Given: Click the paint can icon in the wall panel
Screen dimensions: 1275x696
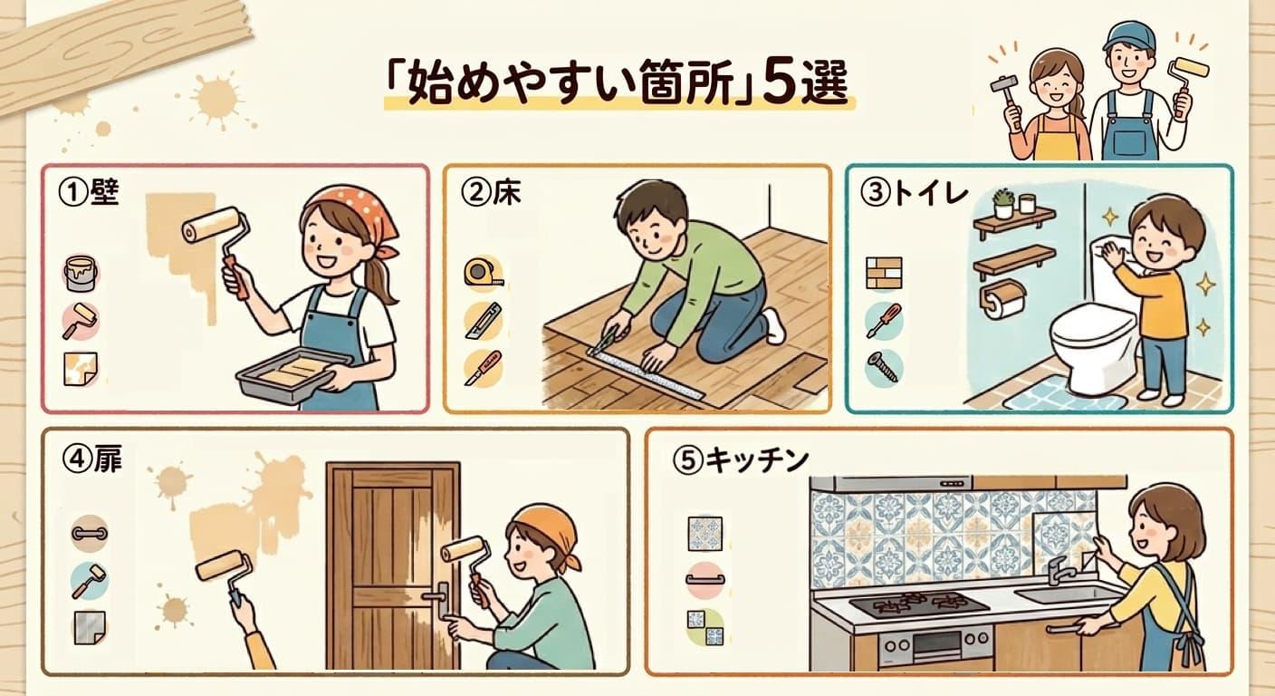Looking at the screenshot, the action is pyautogui.click(x=81, y=274).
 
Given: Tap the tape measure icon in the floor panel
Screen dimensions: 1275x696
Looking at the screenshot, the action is pyautogui.click(x=484, y=272).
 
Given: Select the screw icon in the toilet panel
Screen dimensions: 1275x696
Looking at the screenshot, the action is pyautogui.click(x=884, y=367).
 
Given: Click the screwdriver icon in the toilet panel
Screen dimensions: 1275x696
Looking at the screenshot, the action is pyautogui.click(x=884, y=321).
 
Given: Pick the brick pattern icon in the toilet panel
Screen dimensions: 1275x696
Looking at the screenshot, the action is pyautogui.click(x=884, y=273).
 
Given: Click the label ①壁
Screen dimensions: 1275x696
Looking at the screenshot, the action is pyautogui.click(x=89, y=193).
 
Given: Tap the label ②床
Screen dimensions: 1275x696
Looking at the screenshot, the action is pyautogui.click(x=491, y=193).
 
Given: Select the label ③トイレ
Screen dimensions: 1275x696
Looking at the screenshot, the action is pyautogui.click(x=913, y=194).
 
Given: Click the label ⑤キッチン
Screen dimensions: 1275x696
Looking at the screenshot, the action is pyautogui.click(x=740, y=460).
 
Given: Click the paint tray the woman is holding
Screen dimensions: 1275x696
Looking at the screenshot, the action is pyautogui.click(x=294, y=374).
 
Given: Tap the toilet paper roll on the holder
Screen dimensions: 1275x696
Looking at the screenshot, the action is pyautogui.click(x=1004, y=303).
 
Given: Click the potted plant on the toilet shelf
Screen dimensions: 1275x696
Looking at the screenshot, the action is pyautogui.click(x=1003, y=203).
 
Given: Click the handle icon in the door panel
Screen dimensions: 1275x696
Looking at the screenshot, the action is pyautogui.click(x=90, y=534).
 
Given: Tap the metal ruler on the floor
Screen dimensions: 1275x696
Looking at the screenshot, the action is pyautogui.click(x=646, y=372).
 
